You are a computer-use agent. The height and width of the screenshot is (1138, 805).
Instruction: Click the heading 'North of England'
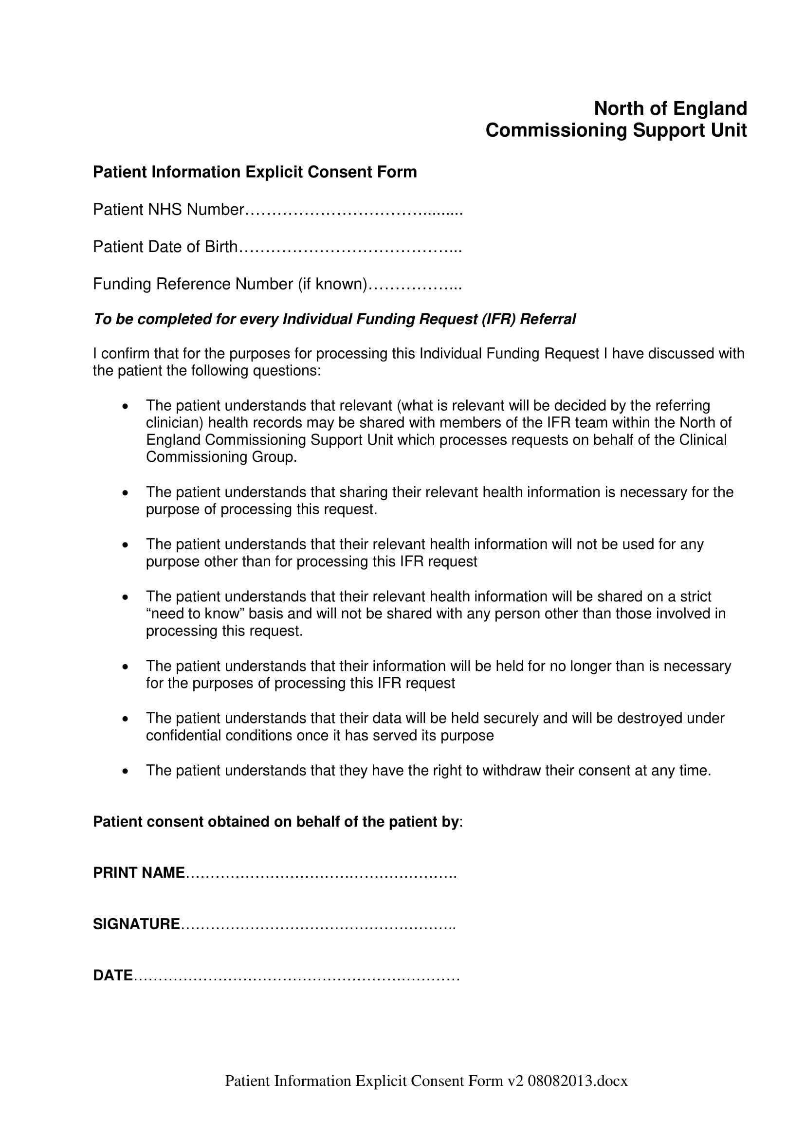pos(670,108)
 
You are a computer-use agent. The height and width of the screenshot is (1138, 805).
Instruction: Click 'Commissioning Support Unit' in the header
pos(616,130)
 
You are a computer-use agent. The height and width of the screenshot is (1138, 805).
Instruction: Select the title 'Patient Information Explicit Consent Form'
pos(255,172)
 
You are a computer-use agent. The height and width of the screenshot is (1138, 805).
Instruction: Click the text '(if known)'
pos(332,284)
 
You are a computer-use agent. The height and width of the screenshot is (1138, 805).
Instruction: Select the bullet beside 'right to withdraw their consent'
pos(126,771)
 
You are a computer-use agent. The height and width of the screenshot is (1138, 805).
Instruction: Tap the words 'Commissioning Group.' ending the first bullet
pos(221,457)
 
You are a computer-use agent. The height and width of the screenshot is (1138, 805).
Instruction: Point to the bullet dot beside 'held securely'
pos(126,719)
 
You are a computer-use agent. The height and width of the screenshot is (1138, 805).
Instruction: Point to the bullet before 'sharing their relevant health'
pos(126,493)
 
